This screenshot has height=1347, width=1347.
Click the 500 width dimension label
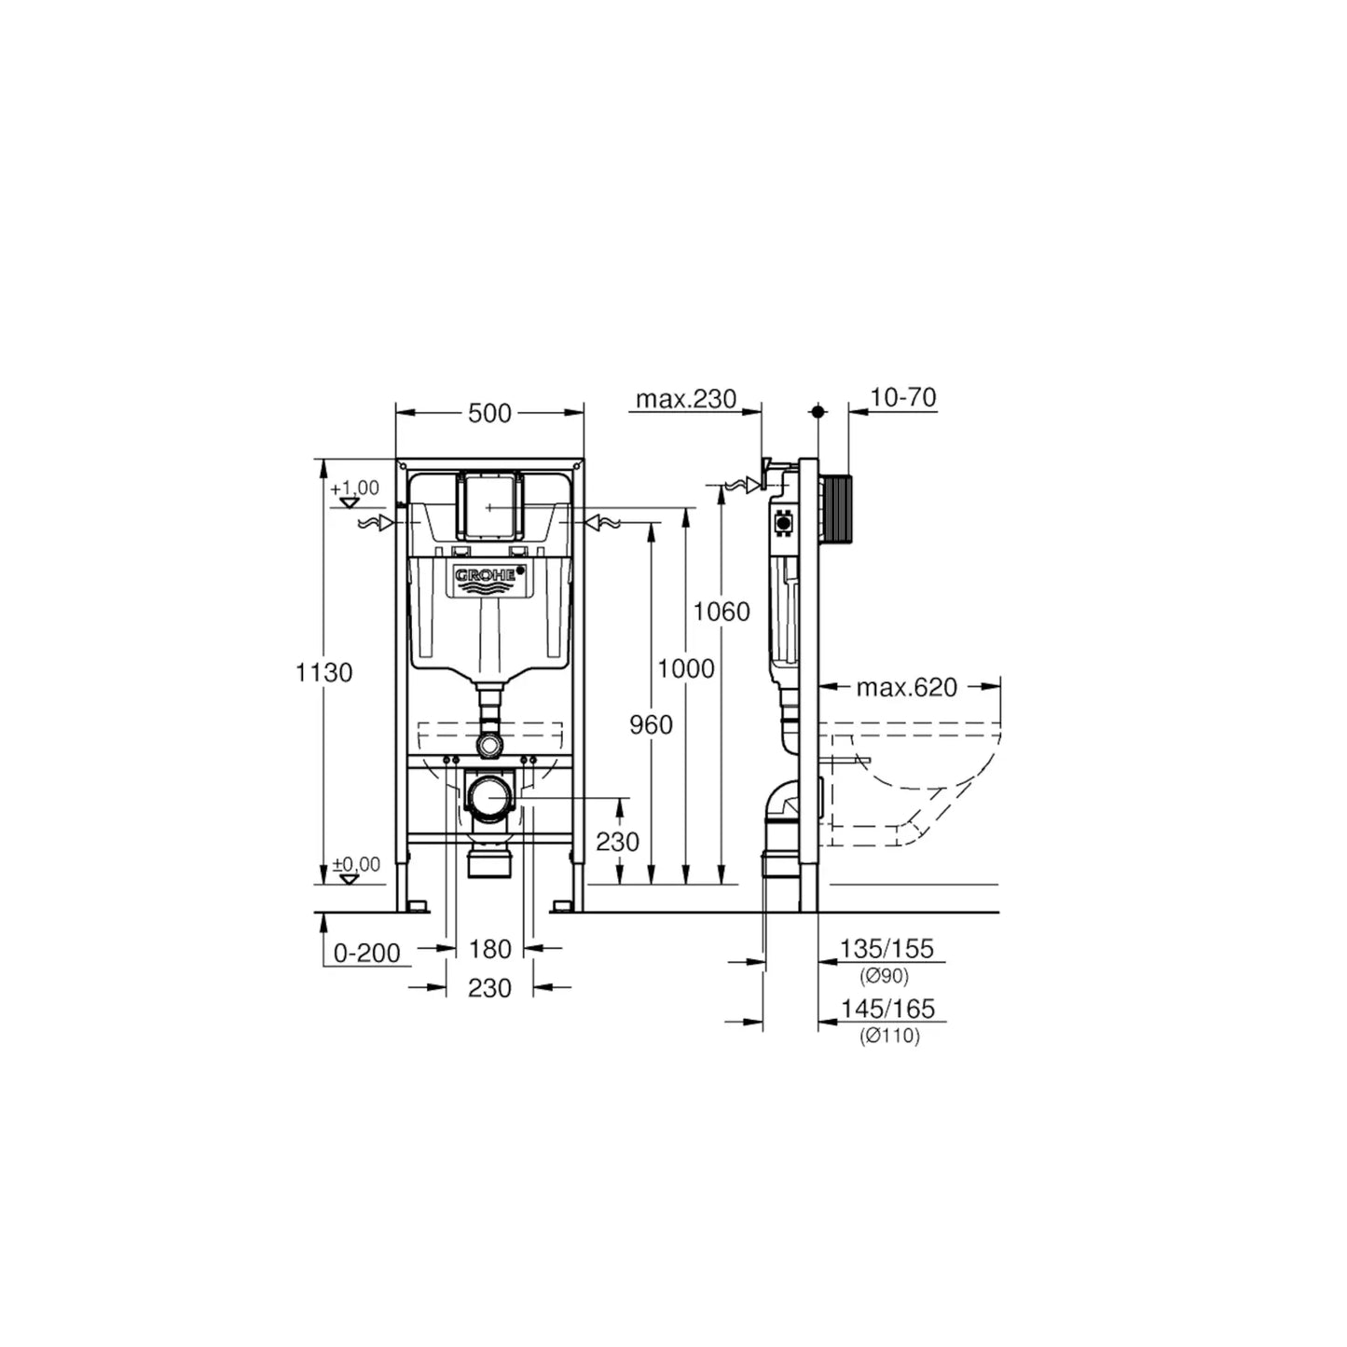489,413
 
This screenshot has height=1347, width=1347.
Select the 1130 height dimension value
323,672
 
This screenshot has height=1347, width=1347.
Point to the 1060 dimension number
722,612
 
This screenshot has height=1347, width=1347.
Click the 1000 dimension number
685,668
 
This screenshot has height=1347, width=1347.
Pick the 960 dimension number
651,724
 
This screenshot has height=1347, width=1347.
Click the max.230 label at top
686,400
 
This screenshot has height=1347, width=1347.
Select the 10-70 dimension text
902,398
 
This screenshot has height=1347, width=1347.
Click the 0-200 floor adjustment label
367,953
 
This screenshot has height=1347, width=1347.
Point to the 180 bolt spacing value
489,949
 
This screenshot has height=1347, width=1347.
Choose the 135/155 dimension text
887,949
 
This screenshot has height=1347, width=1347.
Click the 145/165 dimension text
887,1009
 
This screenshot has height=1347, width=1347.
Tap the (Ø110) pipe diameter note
889,1036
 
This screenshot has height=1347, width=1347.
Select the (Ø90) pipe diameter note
884,976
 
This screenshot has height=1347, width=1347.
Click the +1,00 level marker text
355,488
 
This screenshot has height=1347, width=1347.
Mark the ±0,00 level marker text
356,864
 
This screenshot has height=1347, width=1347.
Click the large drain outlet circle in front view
490,799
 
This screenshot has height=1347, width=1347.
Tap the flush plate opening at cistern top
489,505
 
